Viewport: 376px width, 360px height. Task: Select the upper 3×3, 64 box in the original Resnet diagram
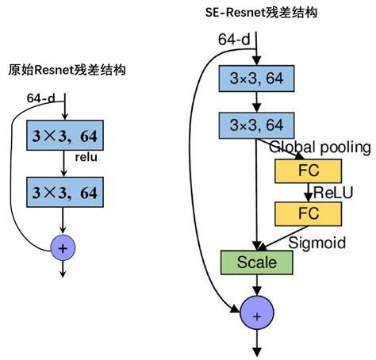coord(65,136)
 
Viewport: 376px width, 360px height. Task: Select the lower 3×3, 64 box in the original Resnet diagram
coord(65,192)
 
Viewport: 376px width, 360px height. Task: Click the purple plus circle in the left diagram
coord(64,247)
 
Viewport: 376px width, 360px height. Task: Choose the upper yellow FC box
coord(307,170)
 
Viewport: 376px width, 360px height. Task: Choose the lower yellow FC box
coord(307,213)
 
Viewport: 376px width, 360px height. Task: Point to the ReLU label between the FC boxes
coord(331,192)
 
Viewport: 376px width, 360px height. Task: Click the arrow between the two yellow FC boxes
coord(307,192)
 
